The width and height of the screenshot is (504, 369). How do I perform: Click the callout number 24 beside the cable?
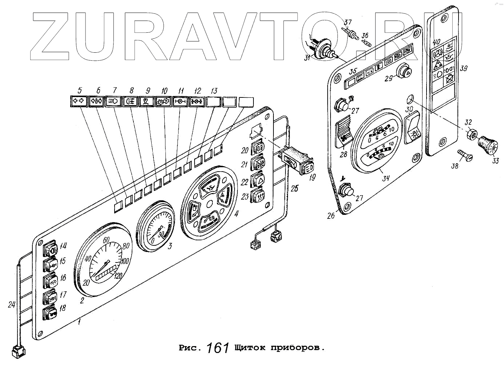(12, 305)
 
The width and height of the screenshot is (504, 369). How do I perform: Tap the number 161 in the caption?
(218, 348)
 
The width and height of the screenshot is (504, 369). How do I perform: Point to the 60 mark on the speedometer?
(107, 240)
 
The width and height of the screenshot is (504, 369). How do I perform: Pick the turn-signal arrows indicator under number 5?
(78, 101)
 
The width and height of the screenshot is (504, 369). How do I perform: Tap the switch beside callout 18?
(50, 313)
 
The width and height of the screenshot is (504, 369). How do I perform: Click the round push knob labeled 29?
(404, 71)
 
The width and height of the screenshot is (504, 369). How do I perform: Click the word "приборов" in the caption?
(296, 348)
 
